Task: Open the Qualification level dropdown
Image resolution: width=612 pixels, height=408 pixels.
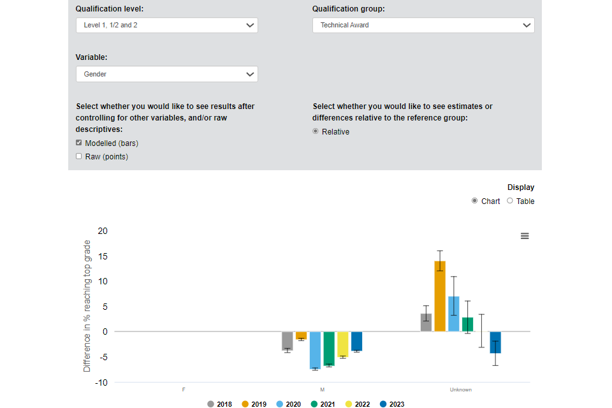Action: (x=166, y=25)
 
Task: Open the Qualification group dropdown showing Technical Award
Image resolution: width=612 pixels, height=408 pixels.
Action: (x=423, y=25)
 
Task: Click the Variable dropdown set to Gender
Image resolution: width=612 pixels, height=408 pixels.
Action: (x=166, y=74)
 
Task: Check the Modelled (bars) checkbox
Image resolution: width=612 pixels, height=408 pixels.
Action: (x=79, y=143)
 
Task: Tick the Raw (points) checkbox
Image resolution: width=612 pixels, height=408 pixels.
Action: (x=79, y=156)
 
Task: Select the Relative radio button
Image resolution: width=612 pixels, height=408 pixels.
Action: (x=316, y=131)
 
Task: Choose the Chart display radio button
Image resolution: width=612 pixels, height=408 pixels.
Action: (x=474, y=201)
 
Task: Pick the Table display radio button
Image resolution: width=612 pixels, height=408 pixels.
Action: (x=509, y=201)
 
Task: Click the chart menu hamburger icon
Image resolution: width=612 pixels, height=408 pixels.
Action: (x=525, y=236)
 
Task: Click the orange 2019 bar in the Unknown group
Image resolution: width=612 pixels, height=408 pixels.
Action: (x=440, y=296)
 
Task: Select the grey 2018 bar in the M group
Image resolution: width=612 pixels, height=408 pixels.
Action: (x=288, y=340)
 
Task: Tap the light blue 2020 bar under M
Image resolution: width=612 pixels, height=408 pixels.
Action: (x=315, y=350)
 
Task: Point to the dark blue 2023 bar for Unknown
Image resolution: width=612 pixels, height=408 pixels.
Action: (x=495, y=342)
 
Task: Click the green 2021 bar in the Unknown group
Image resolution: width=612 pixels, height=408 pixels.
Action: (x=468, y=324)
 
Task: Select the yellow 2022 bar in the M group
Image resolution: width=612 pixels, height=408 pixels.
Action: (x=343, y=344)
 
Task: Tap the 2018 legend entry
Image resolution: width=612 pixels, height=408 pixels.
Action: (x=219, y=404)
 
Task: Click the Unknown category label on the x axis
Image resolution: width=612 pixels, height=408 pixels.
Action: (x=461, y=390)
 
